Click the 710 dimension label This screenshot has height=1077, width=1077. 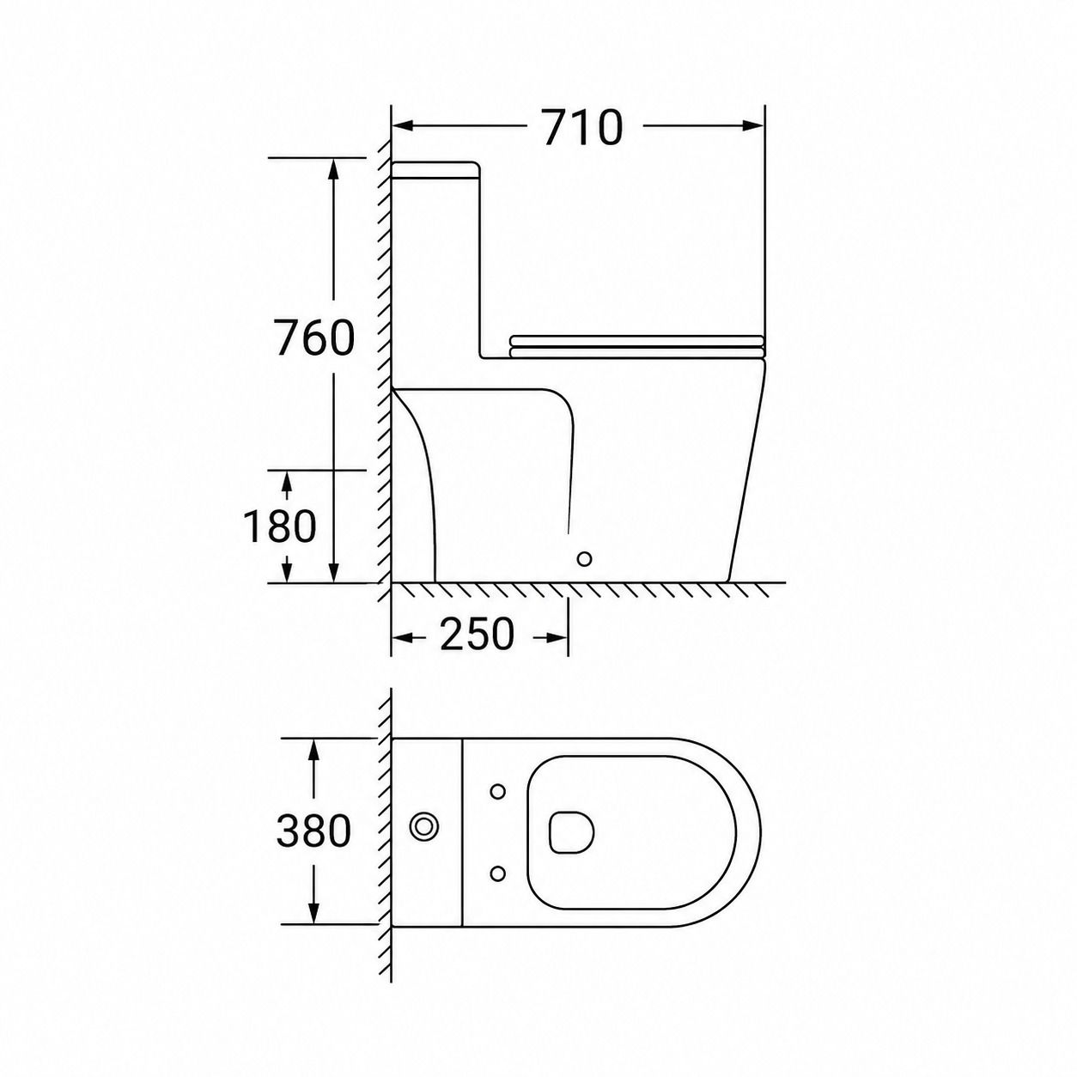click(x=582, y=127)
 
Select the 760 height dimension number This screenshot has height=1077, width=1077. click(x=316, y=338)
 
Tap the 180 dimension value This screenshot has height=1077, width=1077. click(x=279, y=526)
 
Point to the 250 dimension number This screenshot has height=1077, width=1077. click(x=477, y=635)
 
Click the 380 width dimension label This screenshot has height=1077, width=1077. click(x=313, y=831)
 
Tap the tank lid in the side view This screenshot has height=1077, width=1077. click(x=436, y=170)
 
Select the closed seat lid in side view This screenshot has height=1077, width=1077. click(x=637, y=346)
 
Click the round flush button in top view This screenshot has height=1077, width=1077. click(x=424, y=826)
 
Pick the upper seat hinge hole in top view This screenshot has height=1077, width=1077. click(x=497, y=791)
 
